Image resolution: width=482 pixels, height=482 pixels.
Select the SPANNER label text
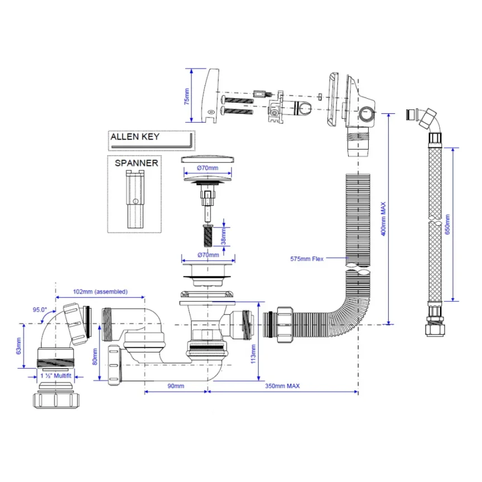pyautogui.click(x=136, y=163)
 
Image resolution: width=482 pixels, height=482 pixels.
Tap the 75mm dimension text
pyautogui.click(x=186, y=96)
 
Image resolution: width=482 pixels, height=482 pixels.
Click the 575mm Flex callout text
pyautogui.click(x=307, y=258)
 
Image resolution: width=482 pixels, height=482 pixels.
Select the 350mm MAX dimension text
pyautogui.click(x=283, y=386)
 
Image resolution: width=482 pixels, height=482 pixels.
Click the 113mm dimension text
pyautogui.click(x=253, y=353)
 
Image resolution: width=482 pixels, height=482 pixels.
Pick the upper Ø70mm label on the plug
pyautogui.click(x=207, y=167)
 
